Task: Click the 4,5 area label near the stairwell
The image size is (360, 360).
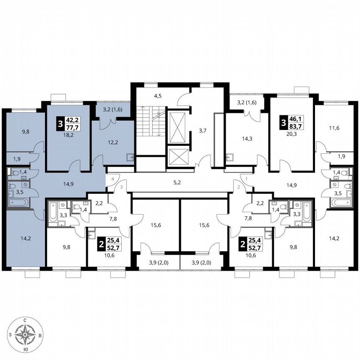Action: [157, 96]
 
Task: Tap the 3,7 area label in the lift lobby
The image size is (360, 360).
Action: [203, 131]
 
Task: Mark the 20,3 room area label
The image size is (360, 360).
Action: [292, 134]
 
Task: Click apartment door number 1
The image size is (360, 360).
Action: [247, 178]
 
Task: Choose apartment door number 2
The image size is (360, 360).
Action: [239, 187]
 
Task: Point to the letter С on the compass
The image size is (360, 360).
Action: [26, 320]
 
